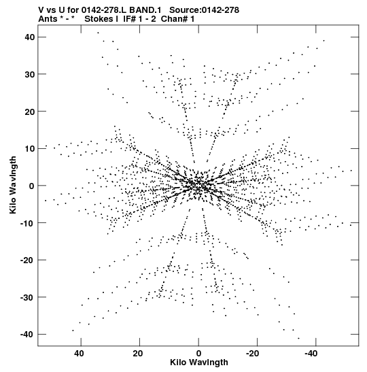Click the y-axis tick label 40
tap(30, 37)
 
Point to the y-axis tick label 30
tap(30, 74)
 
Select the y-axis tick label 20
tap(30, 112)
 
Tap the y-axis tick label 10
tap(30, 148)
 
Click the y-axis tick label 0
tap(32, 186)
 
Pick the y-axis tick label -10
tap(28, 223)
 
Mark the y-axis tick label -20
tap(28, 260)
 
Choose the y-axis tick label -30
tap(28, 297)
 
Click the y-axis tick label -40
tap(28, 335)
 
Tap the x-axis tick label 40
tap(79, 354)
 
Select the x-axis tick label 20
tap(138, 354)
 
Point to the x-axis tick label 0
tap(198, 354)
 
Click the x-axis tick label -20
tap(252, 354)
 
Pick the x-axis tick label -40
tap(311, 354)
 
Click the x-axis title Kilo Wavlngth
tap(199, 362)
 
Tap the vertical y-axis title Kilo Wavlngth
tap(13, 185)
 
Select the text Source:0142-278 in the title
tap(204, 10)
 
